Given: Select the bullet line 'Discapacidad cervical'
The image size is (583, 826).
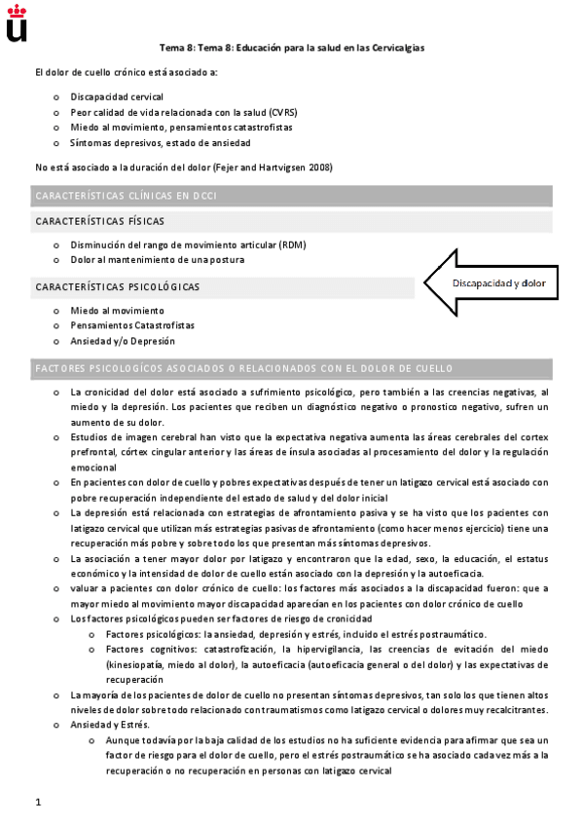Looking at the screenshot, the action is (116, 96).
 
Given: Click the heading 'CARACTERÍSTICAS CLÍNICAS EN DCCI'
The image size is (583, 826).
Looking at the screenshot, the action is (126, 196).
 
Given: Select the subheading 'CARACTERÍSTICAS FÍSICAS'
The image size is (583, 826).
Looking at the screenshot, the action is (99, 222).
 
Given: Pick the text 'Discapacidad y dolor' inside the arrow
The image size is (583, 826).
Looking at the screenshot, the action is (499, 283).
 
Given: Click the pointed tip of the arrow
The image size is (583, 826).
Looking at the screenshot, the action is (421, 282).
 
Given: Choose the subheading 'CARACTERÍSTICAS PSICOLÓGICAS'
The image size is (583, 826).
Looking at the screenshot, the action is (118, 287).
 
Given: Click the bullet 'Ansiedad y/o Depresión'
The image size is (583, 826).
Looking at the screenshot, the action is (123, 341).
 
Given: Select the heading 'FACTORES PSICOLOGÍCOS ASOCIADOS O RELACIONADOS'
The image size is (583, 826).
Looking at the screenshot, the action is (243, 370).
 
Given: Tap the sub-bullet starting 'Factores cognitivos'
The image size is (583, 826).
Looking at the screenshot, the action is (311, 650).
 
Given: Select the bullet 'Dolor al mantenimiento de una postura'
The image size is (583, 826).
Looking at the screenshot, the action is (157, 260).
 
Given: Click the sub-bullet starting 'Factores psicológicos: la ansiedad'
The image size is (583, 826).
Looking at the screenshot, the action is (282, 634).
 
